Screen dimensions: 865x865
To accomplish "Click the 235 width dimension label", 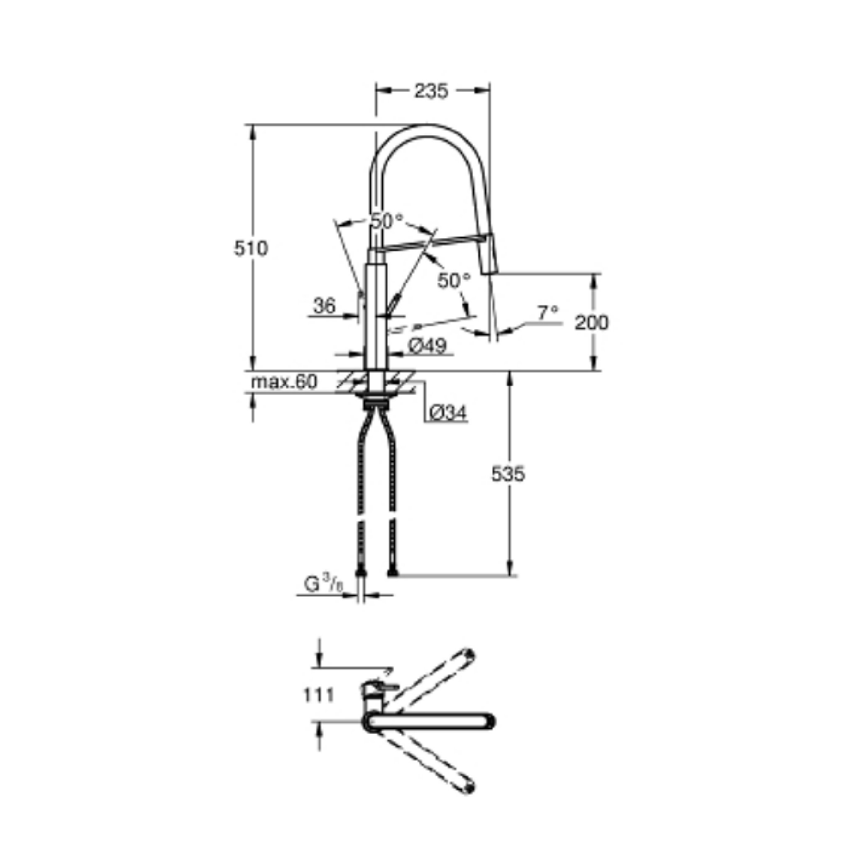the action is (x=431, y=91).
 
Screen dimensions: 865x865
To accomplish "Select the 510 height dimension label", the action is (x=251, y=249).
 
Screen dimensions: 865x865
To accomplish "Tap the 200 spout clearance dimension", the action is (x=591, y=323).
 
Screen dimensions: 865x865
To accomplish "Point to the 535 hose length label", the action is (x=508, y=474).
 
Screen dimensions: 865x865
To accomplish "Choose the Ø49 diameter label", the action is (x=427, y=346).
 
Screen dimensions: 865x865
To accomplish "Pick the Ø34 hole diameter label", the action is (x=448, y=412).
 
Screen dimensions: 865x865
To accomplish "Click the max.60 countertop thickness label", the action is (x=284, y=382).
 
